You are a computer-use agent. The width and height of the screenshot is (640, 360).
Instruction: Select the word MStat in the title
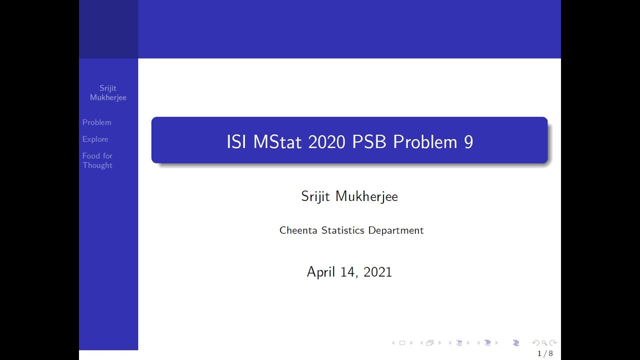point(277,142)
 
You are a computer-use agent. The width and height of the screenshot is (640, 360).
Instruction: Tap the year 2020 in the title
point(326,142)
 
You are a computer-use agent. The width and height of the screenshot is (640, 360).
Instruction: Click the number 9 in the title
point(468,142)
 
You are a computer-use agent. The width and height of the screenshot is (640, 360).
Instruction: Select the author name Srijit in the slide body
point(315,196)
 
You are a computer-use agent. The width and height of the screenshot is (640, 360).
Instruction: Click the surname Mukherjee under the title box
point(366,196)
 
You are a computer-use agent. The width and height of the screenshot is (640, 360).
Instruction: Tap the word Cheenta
point(298,230)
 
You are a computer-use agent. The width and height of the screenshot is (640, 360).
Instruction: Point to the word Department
point(396,230)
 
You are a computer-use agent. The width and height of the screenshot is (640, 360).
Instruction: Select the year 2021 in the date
point(377,272)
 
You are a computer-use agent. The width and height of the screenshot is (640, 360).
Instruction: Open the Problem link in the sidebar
point(97,122)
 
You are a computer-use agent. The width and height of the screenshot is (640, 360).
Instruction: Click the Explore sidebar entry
point(95,139)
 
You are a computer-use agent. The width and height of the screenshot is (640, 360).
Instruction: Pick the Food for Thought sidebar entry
point(97,160)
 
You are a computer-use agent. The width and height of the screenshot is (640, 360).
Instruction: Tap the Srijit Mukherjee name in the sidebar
point(108,93)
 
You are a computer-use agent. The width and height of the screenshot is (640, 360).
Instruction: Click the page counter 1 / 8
point(545,354)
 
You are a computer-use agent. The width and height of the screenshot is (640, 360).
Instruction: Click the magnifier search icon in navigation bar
point(544,343)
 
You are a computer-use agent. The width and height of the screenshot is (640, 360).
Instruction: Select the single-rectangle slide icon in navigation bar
point(402,343)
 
